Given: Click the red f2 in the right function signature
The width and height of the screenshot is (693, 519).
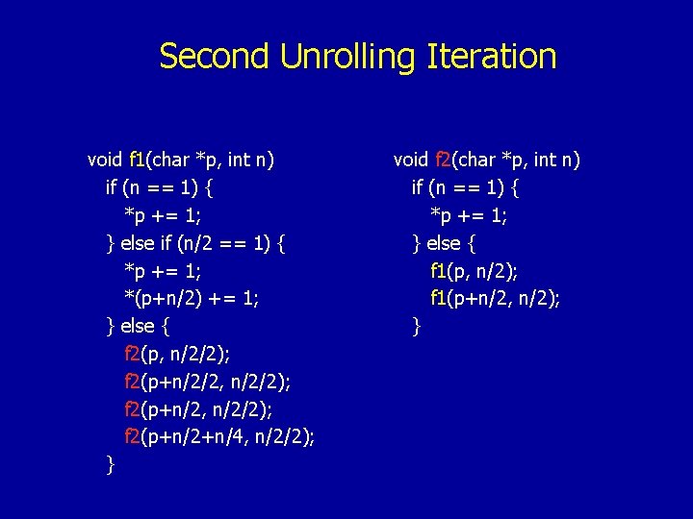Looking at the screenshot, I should coord(443,159).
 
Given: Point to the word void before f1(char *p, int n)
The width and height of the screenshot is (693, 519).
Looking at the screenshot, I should coord(104,159).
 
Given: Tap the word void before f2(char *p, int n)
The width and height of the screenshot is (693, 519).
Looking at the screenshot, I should coord(411,159).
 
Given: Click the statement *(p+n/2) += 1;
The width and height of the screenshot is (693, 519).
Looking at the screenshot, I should coord(192,299).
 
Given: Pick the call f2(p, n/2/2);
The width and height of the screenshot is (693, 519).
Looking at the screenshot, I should coord(177,355).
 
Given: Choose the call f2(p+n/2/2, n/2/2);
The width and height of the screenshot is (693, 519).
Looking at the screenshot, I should coord(208,383).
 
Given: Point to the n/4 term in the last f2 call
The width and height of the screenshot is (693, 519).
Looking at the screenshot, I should coord(236,438).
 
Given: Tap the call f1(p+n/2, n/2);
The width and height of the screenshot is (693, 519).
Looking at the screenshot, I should coord(496,299).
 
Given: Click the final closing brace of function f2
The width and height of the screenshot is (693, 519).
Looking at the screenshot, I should coord(417,327).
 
